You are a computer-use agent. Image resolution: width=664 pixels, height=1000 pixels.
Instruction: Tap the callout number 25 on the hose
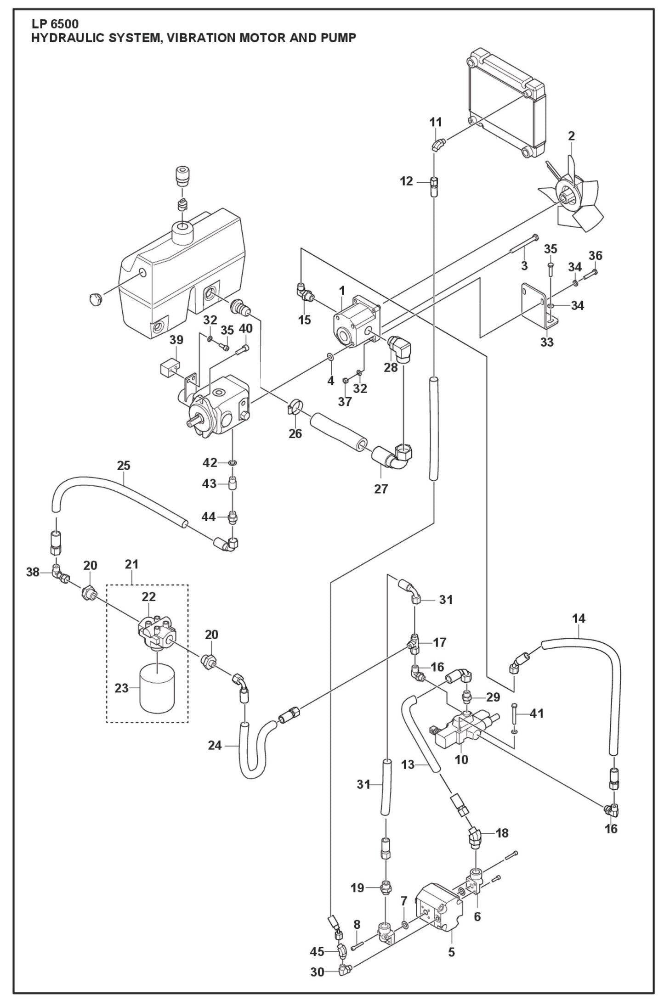pos(124,466)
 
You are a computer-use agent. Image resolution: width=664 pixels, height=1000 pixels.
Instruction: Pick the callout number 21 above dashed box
pos(132,564)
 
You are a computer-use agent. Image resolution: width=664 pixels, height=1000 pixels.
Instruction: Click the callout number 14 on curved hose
pos(579,618)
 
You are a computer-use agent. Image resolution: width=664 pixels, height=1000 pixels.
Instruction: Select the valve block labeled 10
pos(464,731)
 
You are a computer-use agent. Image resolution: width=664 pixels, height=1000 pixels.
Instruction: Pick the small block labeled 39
pos(168,367)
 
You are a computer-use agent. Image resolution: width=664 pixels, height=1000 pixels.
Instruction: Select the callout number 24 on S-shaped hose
pos(215,746)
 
